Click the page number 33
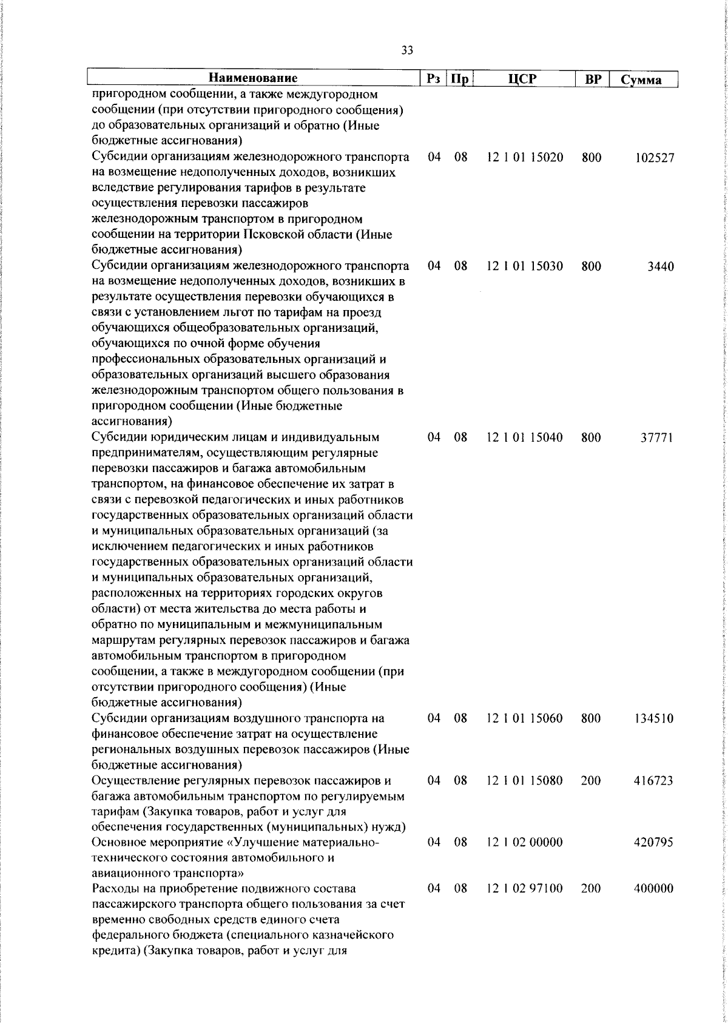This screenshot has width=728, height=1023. point(407,51)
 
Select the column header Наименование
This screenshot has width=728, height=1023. point(254,79)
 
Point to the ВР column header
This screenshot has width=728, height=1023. point(591,79)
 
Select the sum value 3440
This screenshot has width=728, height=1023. point(660,266)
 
